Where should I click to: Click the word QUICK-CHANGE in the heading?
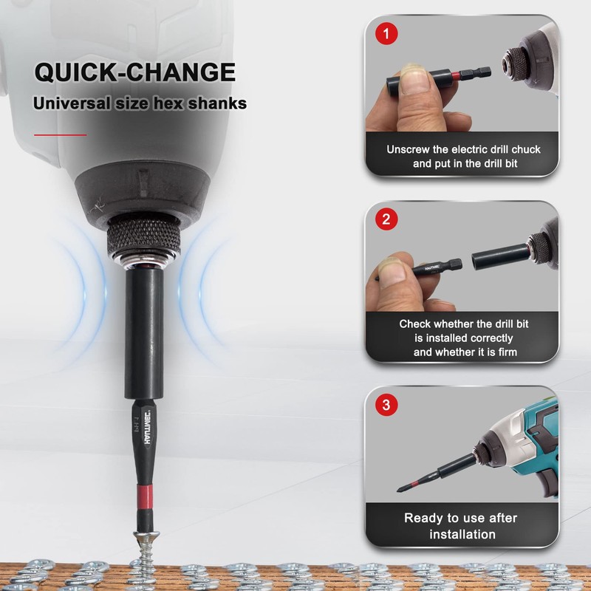pyautogui.click(x=135, y=72)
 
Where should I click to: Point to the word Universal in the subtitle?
pyautogui.click(x=71, y=103)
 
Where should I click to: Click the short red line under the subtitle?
pyautogui.click(x=61, y=134)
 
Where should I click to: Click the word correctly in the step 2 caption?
pyautogui.click(x=492, y=338)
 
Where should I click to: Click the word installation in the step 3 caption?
pyautogui.click(x=462, y=534)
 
